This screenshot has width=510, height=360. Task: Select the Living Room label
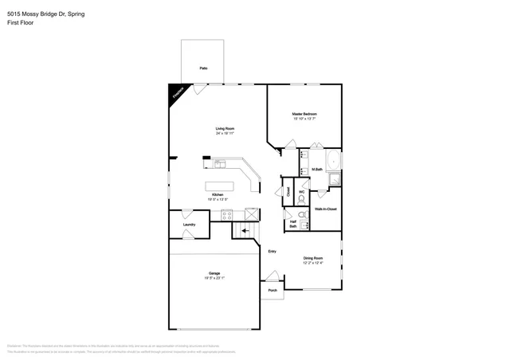(x=224, y=128)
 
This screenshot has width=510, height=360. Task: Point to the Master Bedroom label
(x=304, y=114)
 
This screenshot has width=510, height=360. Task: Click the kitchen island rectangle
(x=216, y=187)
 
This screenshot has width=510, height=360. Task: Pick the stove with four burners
(x=226, y=213)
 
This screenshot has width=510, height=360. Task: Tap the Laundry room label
(x=189, y=225)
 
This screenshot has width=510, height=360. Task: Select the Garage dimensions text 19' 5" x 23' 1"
(x=214, y=278)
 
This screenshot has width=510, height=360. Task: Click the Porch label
(x=273, y=290)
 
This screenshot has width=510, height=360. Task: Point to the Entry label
(x=272, y=251)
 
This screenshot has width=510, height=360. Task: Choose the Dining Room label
(x=313, y=257)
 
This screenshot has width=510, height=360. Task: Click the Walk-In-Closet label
(x=325, y=209)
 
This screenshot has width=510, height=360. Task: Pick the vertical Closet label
(x=288, y=192)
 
